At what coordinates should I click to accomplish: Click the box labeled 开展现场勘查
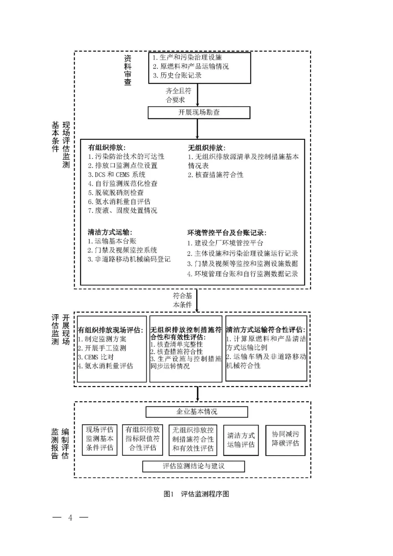(199, 113)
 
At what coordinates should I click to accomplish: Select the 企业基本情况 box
(196, 412)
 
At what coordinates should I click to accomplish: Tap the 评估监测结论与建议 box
(193, 466)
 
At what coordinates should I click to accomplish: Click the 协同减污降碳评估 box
(285, 439)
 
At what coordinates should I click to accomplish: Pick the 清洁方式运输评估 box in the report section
(241, 440)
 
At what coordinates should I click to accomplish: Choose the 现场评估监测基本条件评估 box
(100, 439)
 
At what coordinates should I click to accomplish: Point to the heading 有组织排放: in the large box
(107, 148)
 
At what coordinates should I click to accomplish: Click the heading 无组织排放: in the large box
(206, 148)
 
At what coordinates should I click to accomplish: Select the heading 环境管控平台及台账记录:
(227, 233)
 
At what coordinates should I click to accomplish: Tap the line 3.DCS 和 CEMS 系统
(116, 175)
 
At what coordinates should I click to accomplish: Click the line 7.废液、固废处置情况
(122, 210)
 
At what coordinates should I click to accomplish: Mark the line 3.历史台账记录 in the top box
(177, 75)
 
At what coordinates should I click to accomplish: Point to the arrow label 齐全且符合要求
(178, 95)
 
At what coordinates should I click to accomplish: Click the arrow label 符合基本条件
(182, 300)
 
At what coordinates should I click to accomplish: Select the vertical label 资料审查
(128, 70)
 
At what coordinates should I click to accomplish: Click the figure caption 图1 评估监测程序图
(196, 494)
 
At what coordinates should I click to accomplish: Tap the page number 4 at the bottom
(70, 517)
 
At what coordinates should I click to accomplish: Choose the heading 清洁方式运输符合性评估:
(266, 330)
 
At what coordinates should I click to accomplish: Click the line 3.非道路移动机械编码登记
(129, 259)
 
